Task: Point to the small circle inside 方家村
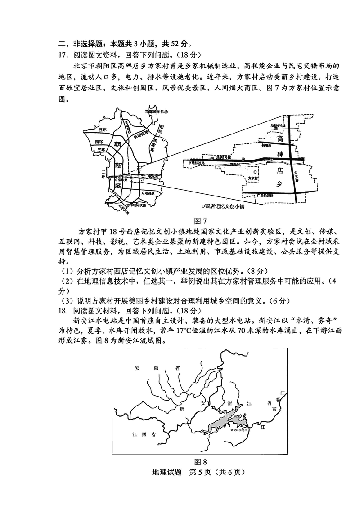click(254, 171)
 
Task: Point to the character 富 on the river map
click(274, 409)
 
